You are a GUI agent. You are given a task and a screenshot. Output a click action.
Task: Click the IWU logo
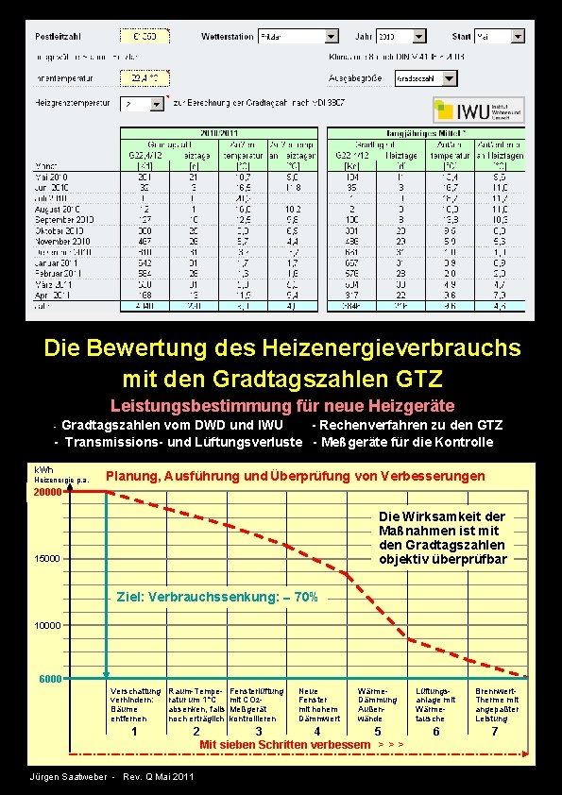[x=479, y=110]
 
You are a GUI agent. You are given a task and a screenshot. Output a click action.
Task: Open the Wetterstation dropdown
[x=331, y=36]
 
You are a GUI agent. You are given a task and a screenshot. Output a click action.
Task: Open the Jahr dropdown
[x=426, y=36]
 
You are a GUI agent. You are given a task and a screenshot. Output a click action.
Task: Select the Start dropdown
[x=516, y=36]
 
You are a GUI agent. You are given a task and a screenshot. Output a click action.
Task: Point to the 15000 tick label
[x=48, y=559]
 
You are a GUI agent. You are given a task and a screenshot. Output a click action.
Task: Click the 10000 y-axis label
[x=48, y=625]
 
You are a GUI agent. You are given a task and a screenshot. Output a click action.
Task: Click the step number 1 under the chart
[x=134, y=732]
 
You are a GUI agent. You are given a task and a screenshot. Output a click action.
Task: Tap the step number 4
[x=316, y=732]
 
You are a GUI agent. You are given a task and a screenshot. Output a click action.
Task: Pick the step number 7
[x=494, y=732]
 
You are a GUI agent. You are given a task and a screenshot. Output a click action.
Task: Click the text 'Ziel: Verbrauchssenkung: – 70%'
[x=216, y=598]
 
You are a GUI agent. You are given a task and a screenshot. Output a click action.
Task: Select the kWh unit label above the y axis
[x=43, y=469]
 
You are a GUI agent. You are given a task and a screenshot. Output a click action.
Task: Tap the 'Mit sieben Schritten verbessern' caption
[x=284, y=745]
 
